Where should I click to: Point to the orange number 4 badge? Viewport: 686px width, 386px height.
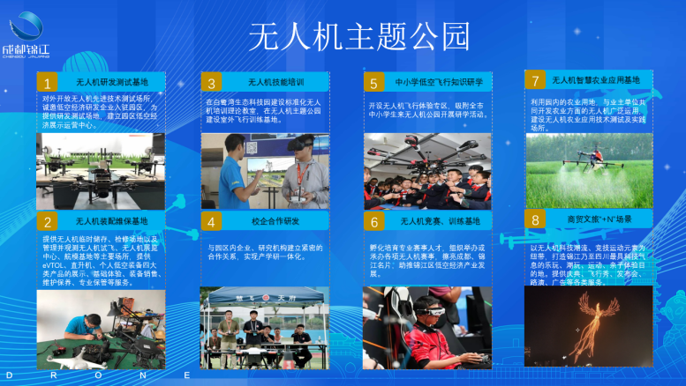(211, 221)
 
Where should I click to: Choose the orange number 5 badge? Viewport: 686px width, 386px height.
(374, 84)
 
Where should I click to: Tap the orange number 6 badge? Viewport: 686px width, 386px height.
(374, 221)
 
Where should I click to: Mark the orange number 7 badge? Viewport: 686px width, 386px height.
(535, 80)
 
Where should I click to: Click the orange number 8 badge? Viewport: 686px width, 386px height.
(535, 219)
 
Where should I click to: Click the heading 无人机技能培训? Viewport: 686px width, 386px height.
(275, 84)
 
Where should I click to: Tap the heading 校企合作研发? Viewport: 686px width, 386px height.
(275, 221)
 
